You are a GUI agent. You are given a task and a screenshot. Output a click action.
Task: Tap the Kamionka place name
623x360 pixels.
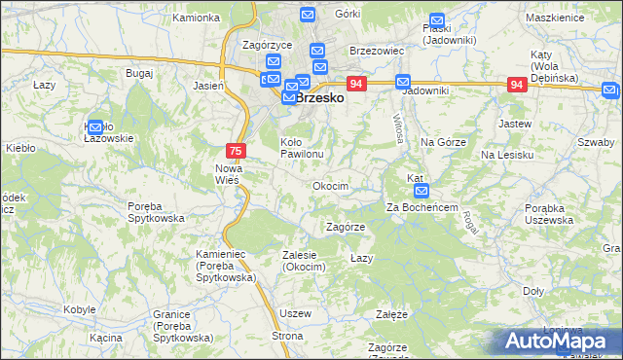pos(195,18)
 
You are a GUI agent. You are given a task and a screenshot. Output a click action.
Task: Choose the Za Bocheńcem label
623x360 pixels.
pos(421,207)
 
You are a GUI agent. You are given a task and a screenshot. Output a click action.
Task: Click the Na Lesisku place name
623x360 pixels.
pos(507,155)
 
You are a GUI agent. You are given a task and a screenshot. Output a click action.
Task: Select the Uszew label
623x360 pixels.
pos(295,313)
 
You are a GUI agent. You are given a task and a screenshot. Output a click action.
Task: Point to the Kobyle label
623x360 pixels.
pos(79,308)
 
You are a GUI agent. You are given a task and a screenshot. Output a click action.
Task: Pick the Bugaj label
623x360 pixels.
pos(139,73)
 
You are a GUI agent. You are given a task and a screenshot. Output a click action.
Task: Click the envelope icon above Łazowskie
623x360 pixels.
pos(95,126)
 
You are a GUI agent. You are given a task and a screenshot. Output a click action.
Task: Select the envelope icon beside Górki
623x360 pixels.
pos(308,16)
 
